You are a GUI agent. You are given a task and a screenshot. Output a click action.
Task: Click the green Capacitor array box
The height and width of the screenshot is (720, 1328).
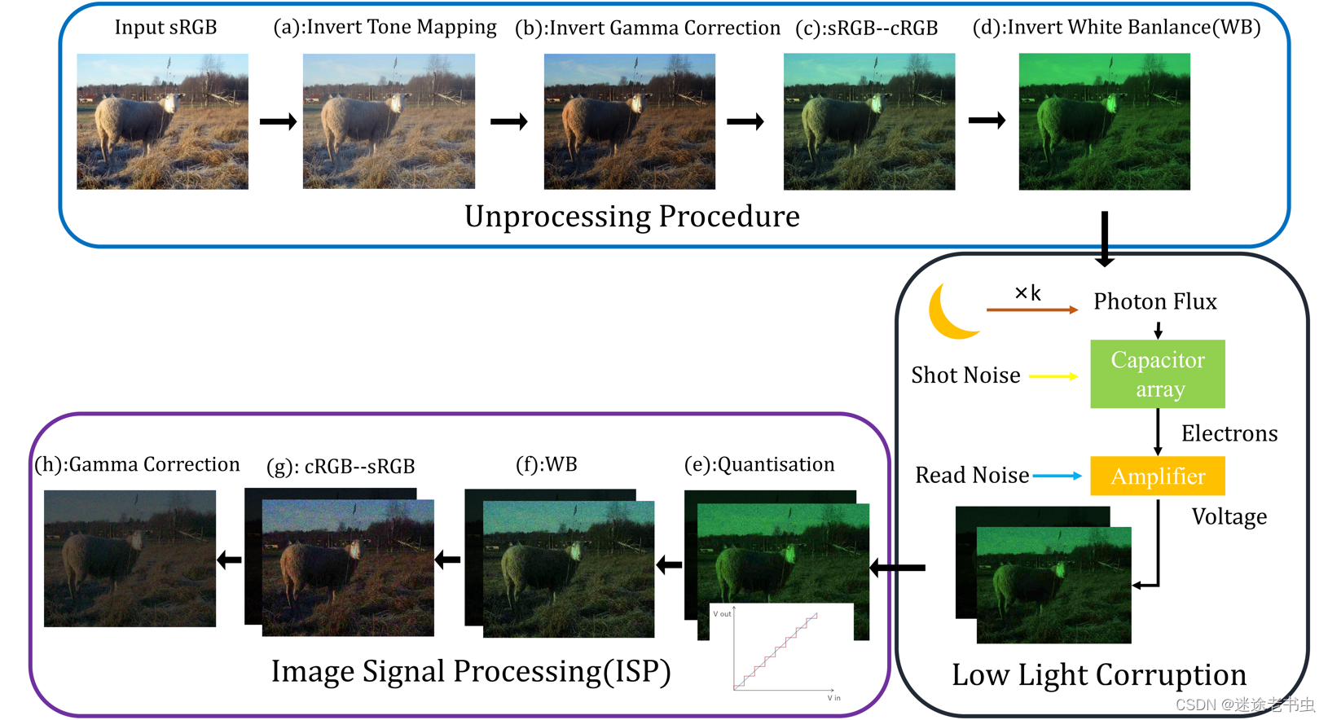coord(1157,374)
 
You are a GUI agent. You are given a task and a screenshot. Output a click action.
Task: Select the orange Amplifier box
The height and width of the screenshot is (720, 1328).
coord(1157,476)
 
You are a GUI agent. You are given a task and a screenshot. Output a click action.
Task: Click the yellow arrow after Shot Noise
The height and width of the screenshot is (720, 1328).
coord(1053,376)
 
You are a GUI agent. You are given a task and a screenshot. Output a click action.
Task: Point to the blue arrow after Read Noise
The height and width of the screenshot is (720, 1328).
coord(1057,476)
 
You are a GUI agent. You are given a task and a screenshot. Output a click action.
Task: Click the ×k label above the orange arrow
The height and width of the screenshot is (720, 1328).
coord(1027,293)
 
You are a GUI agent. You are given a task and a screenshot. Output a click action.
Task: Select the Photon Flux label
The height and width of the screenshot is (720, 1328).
coord(1154,301)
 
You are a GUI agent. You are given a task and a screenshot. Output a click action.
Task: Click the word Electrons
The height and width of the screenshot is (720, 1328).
coord(1229,433)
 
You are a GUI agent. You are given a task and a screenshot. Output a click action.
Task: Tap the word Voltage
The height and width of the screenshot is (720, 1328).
coord(1229,516)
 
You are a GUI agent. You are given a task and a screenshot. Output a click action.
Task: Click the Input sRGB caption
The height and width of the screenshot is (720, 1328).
coord(165,27)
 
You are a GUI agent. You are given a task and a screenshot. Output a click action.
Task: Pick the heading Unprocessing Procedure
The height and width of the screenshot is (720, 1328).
coord(631,217)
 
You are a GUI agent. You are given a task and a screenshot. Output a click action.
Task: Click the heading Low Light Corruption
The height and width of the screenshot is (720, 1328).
coord(1098,674)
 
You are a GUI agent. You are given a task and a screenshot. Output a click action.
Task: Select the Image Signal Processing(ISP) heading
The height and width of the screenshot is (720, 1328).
coord(471,671)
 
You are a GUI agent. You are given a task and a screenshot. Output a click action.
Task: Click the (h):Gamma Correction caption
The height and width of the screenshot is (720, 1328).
coord(137,464)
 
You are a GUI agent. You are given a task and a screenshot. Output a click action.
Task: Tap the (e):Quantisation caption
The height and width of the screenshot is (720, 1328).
coord(759,464)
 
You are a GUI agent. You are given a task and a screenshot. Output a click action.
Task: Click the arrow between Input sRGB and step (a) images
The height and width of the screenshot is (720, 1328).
coord(278,122)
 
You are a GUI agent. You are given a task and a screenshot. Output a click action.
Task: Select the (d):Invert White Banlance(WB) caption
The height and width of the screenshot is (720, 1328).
coord(1116,27)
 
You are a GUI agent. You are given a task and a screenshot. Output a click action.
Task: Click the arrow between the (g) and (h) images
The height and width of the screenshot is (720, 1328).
coord(230,560)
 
